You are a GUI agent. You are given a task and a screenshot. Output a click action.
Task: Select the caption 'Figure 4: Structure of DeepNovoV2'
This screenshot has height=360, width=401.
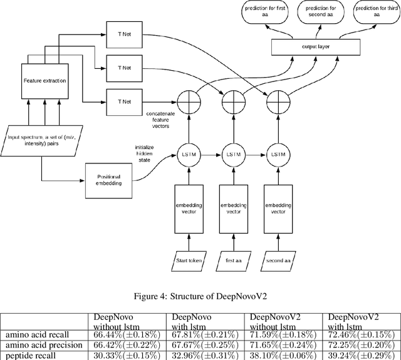tap(200, 297)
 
